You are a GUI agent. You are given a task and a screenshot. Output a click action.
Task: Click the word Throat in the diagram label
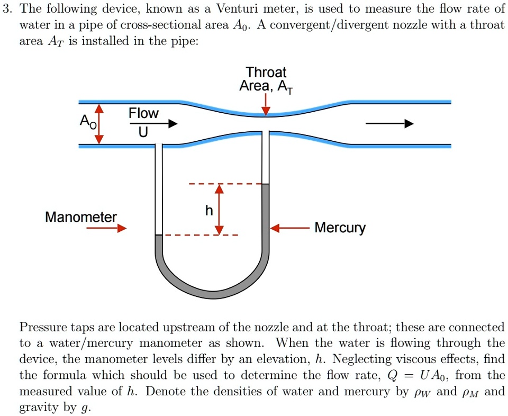(266, 72)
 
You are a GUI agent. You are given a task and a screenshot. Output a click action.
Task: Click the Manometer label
(80, 217)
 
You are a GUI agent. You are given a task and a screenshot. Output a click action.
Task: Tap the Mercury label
(340, 228)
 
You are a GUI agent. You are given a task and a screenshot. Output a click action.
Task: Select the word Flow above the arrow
(143, 113)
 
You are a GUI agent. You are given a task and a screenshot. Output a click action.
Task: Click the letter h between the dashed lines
(209, 211)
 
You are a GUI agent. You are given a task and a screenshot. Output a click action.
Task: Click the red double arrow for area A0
(99, 124)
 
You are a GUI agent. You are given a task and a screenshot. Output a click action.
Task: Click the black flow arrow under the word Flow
(153, 124)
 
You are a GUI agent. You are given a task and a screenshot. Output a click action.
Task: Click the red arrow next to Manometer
(106, 228)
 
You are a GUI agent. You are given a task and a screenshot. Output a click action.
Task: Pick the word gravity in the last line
(38, 408)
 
